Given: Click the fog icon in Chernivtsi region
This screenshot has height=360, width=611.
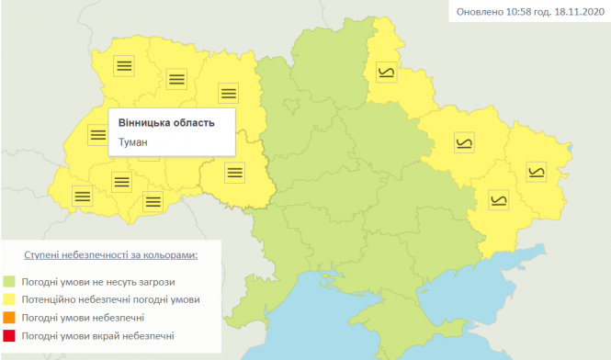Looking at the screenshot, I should tap(151, 201).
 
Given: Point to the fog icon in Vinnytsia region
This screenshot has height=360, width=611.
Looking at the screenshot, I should tap(235, 170).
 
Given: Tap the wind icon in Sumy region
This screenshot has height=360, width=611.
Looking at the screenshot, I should tap(387, 71).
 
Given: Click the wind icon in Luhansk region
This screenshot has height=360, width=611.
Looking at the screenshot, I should tap(536, 169).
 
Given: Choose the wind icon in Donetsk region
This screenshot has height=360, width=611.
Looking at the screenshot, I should tap(499, 198).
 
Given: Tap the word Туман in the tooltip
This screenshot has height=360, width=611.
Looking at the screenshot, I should tap(133, 142).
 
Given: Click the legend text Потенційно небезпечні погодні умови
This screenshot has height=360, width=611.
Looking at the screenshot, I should tap(113, 299).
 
